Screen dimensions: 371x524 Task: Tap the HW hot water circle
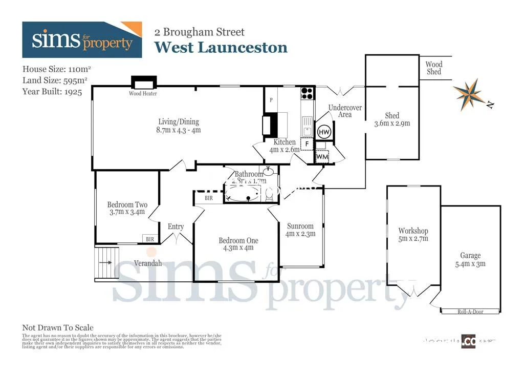324,132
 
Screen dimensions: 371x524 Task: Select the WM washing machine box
322,156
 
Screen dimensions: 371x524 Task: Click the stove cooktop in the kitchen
307,93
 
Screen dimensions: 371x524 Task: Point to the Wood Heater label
143,94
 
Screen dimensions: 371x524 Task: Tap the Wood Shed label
434,68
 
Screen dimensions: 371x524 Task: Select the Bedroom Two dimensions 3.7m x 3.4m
127,212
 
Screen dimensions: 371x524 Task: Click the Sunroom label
300,226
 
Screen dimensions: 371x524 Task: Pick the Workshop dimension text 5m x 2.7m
413,239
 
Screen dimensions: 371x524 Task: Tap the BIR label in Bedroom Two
150,239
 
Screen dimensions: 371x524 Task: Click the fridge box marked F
307,144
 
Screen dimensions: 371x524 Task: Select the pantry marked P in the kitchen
271,100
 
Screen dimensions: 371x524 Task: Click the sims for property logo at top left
82,40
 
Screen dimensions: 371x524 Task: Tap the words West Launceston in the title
221,48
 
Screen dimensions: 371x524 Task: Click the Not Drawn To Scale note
58,327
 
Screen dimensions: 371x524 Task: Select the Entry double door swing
176,237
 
